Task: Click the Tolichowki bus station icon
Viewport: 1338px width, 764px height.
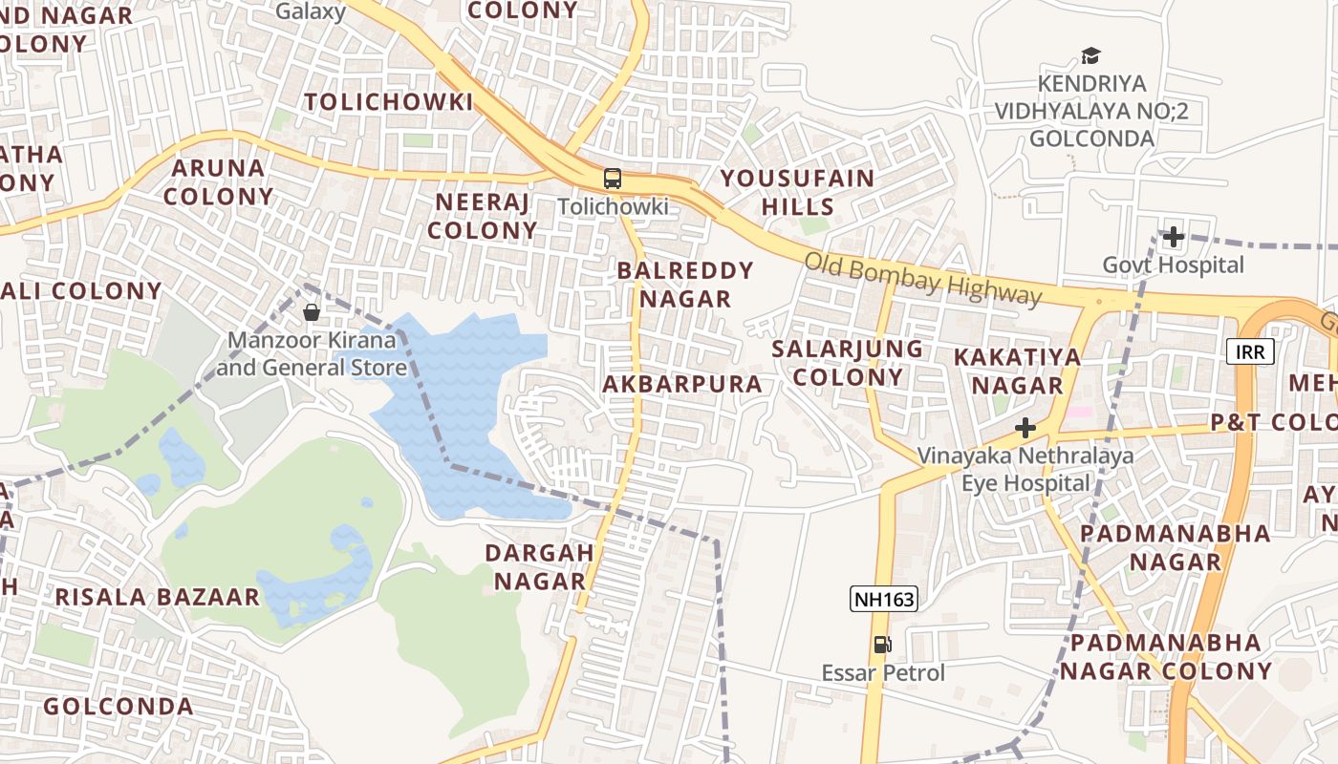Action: point(612,179)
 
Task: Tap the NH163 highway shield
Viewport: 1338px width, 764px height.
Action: point(883,600)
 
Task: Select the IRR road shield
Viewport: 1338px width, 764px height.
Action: point(1250,352)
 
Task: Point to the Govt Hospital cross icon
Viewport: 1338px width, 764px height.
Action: point(1173,237)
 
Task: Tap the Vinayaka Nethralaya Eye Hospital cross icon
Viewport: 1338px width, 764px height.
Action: point(1025,428)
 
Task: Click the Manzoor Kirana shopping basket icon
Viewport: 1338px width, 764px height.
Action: point(312,312)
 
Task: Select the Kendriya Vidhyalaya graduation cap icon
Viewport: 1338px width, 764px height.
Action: point(1090,56)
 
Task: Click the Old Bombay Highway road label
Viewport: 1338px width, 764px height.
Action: point(921,278)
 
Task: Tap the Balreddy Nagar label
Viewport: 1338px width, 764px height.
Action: point(685,285)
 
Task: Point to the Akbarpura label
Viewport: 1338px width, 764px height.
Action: point(682,385)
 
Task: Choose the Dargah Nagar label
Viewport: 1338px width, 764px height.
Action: point(539,566)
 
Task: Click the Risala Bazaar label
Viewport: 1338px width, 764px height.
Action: point(157,598)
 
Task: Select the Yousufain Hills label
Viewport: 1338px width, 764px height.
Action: point(797,192)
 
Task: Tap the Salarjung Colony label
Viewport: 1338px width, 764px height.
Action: point(848,362)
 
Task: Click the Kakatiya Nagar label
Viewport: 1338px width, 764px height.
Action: point(1017,371)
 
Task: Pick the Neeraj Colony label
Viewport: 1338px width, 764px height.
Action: point(482,216)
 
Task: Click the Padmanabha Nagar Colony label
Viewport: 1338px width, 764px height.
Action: point(1166,656)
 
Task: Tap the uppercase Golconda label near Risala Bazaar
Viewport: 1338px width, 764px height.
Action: point(119,707)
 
